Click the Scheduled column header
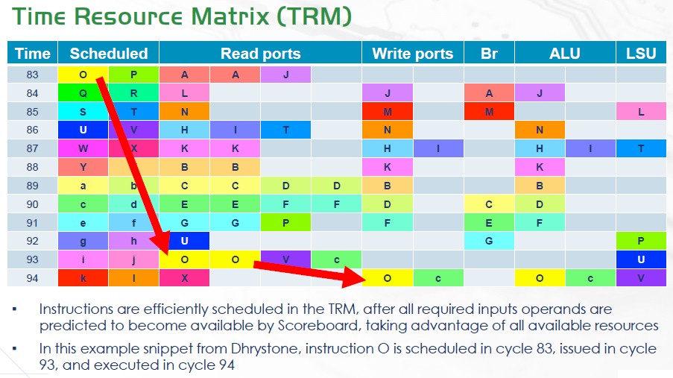109,53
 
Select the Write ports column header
412,53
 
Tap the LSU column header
641,53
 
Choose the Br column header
489,53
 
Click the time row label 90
32,204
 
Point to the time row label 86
32,130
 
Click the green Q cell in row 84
83,92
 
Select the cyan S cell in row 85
83,112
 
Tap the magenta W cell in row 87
83,148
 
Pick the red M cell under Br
489,112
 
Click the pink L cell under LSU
641,112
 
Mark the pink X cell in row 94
184,278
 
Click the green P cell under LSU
641,241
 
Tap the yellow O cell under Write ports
387,278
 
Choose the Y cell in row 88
83,167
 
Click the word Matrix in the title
230,16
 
